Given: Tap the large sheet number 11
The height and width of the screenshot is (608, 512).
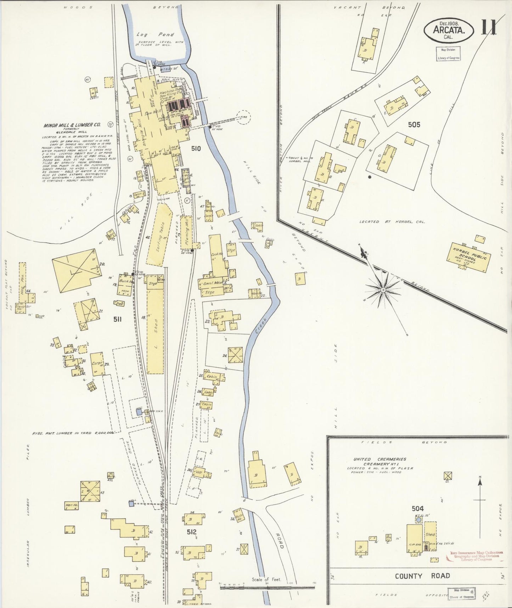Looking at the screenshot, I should coord(488,27).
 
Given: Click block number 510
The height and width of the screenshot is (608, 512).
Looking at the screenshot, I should coord(196,149).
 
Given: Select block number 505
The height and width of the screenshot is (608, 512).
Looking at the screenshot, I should coord(413,125).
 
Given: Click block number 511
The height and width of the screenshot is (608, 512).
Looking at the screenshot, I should coord(118,319).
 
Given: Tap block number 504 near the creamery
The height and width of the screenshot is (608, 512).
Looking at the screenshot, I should coord(418,509).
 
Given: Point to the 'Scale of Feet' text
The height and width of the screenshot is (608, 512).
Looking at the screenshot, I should coord(266,579).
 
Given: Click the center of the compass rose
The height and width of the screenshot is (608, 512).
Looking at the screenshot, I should coord(383,290).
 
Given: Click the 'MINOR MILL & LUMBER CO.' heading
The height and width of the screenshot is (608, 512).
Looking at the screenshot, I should coord(72,125).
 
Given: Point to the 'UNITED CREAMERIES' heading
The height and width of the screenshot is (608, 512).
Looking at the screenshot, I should coord(377,459).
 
